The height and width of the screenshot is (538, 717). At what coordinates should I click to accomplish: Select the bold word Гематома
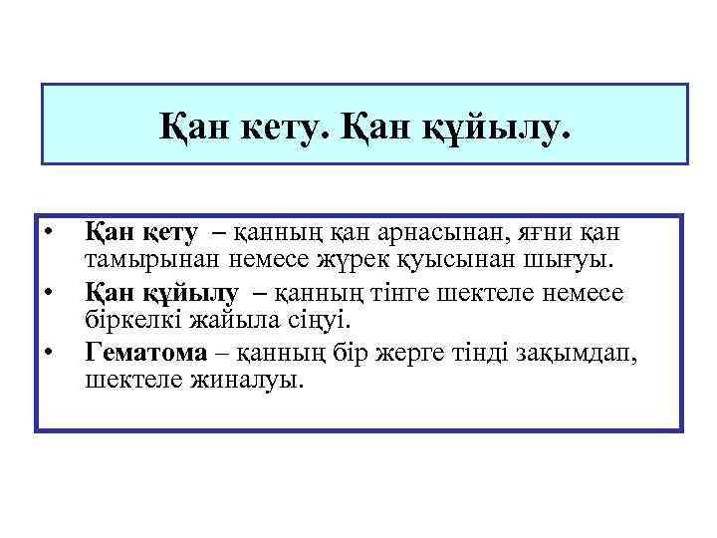click(x=145, y=352)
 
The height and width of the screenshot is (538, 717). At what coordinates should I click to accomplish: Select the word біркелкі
click(x=129, y=322)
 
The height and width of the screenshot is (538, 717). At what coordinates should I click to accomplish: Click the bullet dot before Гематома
click(x=48, y=352)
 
